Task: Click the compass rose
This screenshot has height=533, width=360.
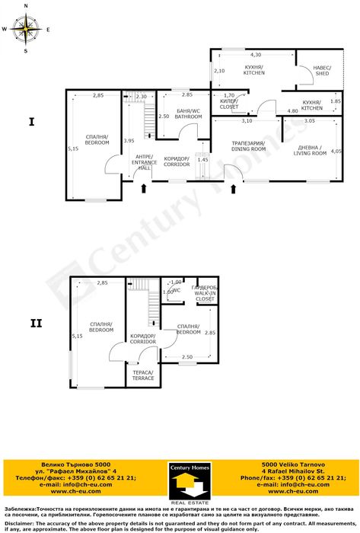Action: pyautogui.click(x=25, y=30)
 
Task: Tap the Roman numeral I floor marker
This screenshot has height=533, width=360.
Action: pyautogui.click(x=31, y=121)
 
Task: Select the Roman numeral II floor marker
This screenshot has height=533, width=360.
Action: pyautogui.click(x=36, y=324)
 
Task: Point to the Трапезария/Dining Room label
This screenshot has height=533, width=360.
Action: pyautogui.click(x=248, y=146)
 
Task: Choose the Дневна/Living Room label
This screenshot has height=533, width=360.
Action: pyautogui.click(x=310, y=150)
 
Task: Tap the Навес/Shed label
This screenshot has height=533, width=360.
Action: pyautogui.click(x=323, y=70)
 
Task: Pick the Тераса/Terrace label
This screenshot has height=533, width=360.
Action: pyautogui.click(x=143, y=375)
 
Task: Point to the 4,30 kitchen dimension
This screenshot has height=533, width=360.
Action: pyautogui.click(x=256, y=55)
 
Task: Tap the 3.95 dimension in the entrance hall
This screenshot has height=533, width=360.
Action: pyautogui.click(x=129, y=140)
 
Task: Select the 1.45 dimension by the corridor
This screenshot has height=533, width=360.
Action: pyautogui.click(x=202, y=159)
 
